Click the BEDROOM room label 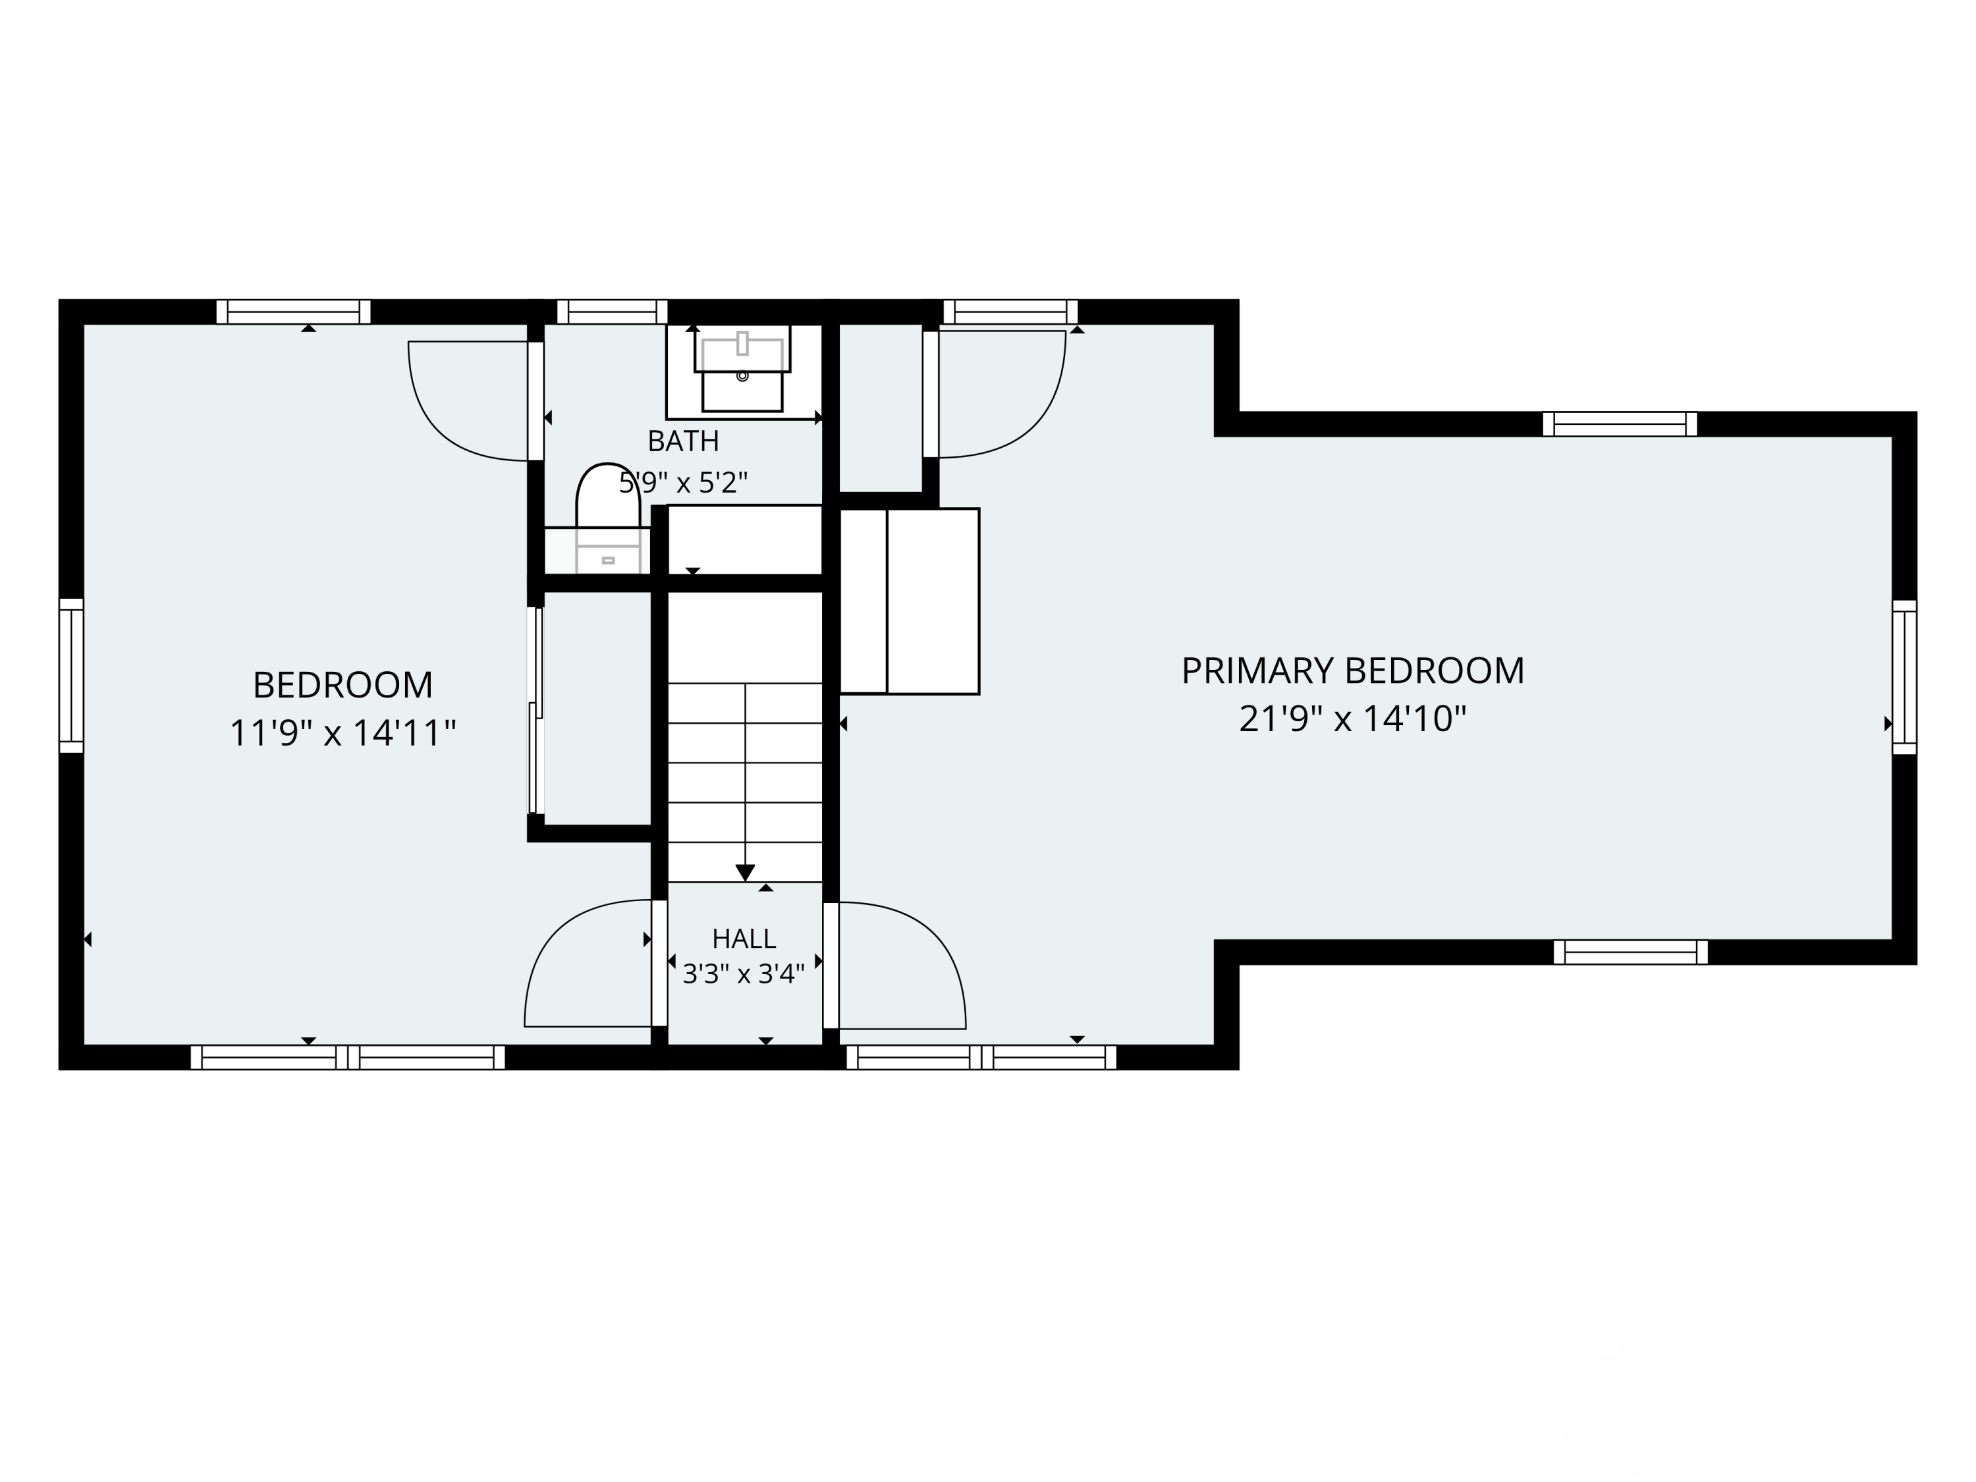pos(343,685)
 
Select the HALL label pos(744,938)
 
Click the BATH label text pos(684,441)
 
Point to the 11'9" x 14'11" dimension pos(343,733)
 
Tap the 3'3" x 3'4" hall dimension pos(744,974)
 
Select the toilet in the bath pos(609,518)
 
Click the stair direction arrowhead pos(745,873)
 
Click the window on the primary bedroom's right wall pos(1905,677)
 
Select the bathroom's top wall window pos(612,312)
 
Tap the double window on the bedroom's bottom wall pos(348,1058)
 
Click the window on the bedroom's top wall pos(293,312)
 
